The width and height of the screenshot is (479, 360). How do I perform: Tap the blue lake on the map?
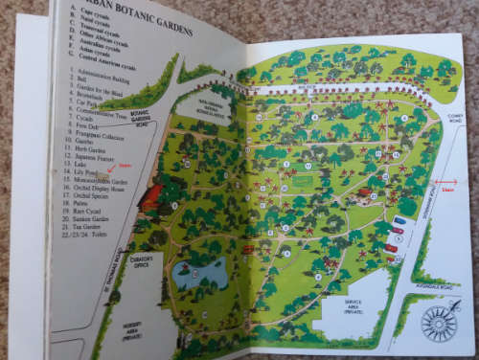point(200,274)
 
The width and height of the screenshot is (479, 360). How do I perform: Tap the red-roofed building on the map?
point(151,196)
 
